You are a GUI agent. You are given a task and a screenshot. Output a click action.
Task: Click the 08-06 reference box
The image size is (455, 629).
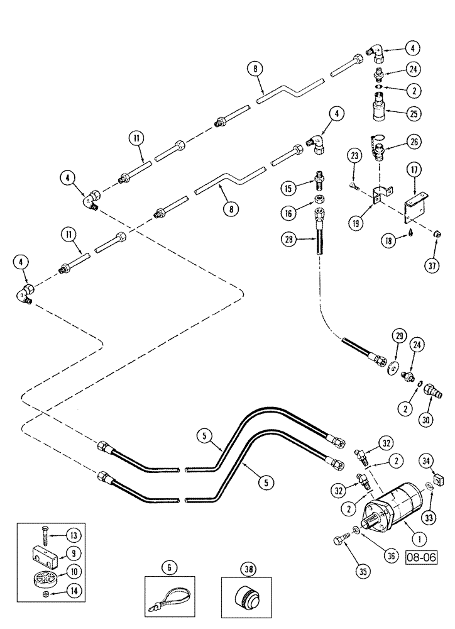(x=422, y=557)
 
